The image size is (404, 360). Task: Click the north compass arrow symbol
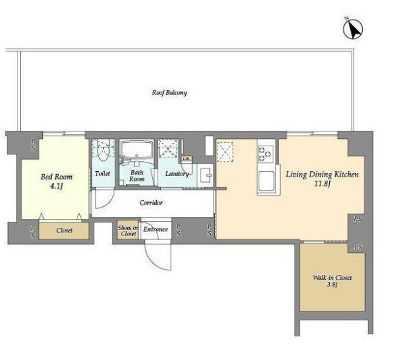pos(353,28)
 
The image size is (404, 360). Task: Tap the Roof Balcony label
pos(169,93)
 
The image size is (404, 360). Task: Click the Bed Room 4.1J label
pos(57,181)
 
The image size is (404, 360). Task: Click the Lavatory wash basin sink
pos(206,175)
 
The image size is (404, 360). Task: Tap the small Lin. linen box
pos(187,158)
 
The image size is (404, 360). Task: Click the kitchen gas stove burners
pos(266,154)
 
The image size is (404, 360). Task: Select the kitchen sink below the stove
pos(266,181)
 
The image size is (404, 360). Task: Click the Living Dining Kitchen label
pos(322,175)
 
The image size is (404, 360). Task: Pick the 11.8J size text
pos(323,184)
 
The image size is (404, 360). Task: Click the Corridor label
pos(151,203)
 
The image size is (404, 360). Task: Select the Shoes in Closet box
pos(128,229)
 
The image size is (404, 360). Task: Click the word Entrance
pos(156,229)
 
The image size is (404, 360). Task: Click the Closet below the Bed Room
pos(64,231)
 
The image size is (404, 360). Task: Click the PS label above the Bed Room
pos(34,145)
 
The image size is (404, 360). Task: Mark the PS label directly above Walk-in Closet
pos(358,247)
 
